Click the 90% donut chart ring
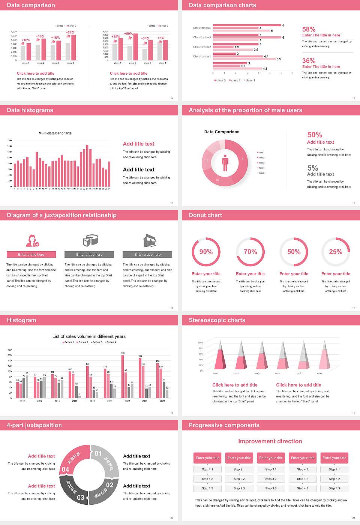click(193, 252)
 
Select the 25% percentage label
click(335, 252)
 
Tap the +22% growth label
click(70, 32)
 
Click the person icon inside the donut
click(225, 162)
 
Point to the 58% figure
click(309, 29)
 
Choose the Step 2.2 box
click(239, 478)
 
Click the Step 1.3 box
click(207, 488)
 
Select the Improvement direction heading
click(270, 441)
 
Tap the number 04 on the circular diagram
click(65, 469)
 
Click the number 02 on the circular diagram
click(109, 484)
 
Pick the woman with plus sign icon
click(32, 240)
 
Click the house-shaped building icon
click(150, 240)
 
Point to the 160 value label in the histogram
click(123, 353)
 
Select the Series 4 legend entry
click(111, 342)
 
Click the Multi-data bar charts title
click(55, 133)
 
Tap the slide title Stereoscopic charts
click(217, 320)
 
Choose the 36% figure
click(309, 61)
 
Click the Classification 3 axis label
click(202, 37)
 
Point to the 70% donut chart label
click(250, 252)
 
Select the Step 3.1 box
click(271, 469)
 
